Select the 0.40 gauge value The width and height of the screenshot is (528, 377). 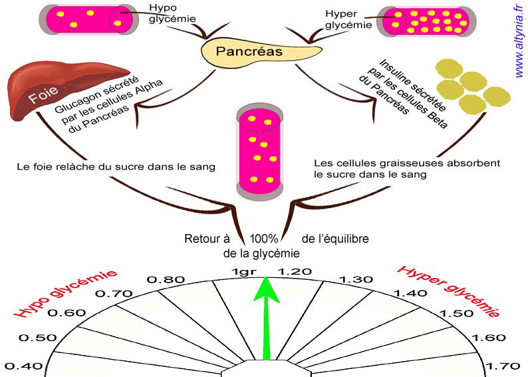pos(23,366)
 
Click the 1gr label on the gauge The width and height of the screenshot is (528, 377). pos(243,271)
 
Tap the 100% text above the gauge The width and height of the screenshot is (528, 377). pos(263,238)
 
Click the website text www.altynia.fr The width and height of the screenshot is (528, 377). pos(519,40)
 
